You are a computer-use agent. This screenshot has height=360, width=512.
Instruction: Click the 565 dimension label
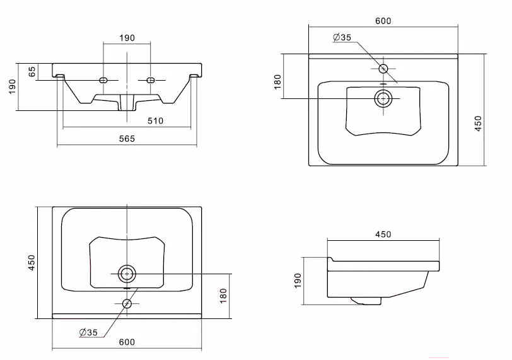coord(127,139)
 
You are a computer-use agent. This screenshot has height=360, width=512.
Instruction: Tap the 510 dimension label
coord(155,121)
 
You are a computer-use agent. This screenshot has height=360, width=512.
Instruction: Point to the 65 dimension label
coord(32,72)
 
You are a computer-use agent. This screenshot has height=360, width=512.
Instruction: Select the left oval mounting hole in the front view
coord(103,80)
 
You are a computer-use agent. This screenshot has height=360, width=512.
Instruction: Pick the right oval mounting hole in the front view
coord(150,80)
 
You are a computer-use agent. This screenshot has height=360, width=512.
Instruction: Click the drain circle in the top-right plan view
coord(383,98)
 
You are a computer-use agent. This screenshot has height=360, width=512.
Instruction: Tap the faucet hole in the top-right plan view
coord(383,69)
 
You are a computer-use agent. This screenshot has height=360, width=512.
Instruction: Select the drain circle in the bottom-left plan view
coord(127,274)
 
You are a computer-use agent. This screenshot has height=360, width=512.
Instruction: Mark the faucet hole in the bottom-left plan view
coord(127,303)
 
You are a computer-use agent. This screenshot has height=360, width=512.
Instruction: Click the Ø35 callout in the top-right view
coord(342,38)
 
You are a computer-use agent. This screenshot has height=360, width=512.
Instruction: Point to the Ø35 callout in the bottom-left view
coord(88,333)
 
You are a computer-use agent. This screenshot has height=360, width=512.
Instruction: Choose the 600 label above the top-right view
coord(383,21)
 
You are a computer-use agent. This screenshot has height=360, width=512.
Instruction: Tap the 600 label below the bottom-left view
coord(127,342)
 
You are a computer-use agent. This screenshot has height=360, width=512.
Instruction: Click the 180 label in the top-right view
coord(277,81)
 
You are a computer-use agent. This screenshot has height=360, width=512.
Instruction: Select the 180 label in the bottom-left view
coord(223,296)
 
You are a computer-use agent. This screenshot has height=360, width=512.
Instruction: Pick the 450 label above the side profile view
coord(383,235)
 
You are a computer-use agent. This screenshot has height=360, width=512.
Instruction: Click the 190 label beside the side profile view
coord(298,281)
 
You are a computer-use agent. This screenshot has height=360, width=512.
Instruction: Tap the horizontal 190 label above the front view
coord(127,38)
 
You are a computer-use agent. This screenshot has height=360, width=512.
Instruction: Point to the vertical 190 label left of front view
coord(12,86)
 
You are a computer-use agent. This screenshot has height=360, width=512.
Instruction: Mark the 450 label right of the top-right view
coord(478,124)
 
